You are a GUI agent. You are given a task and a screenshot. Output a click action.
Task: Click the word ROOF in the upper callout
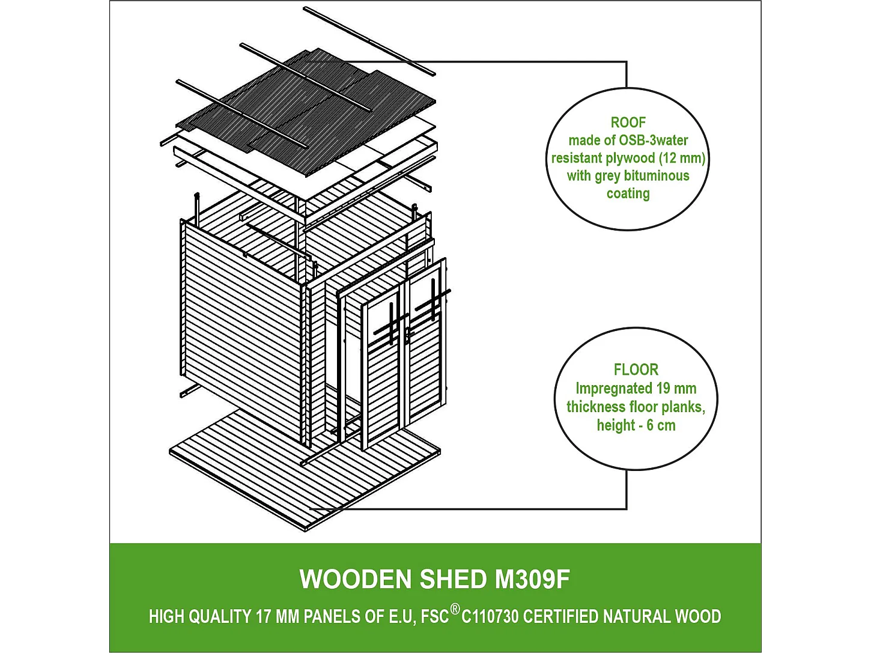click(x=628, y=123)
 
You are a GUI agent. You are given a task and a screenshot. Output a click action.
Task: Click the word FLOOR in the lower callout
click(x=636, y=369)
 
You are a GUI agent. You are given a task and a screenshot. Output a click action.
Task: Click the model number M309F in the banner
click(x=532, y=580)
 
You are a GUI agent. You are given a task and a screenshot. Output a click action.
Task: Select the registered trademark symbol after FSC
click(x=455, y=610)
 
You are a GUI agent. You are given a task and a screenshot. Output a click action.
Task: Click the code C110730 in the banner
click(x=490, y=617)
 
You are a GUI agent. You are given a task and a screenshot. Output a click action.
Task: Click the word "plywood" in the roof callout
click(x=630, y=158)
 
